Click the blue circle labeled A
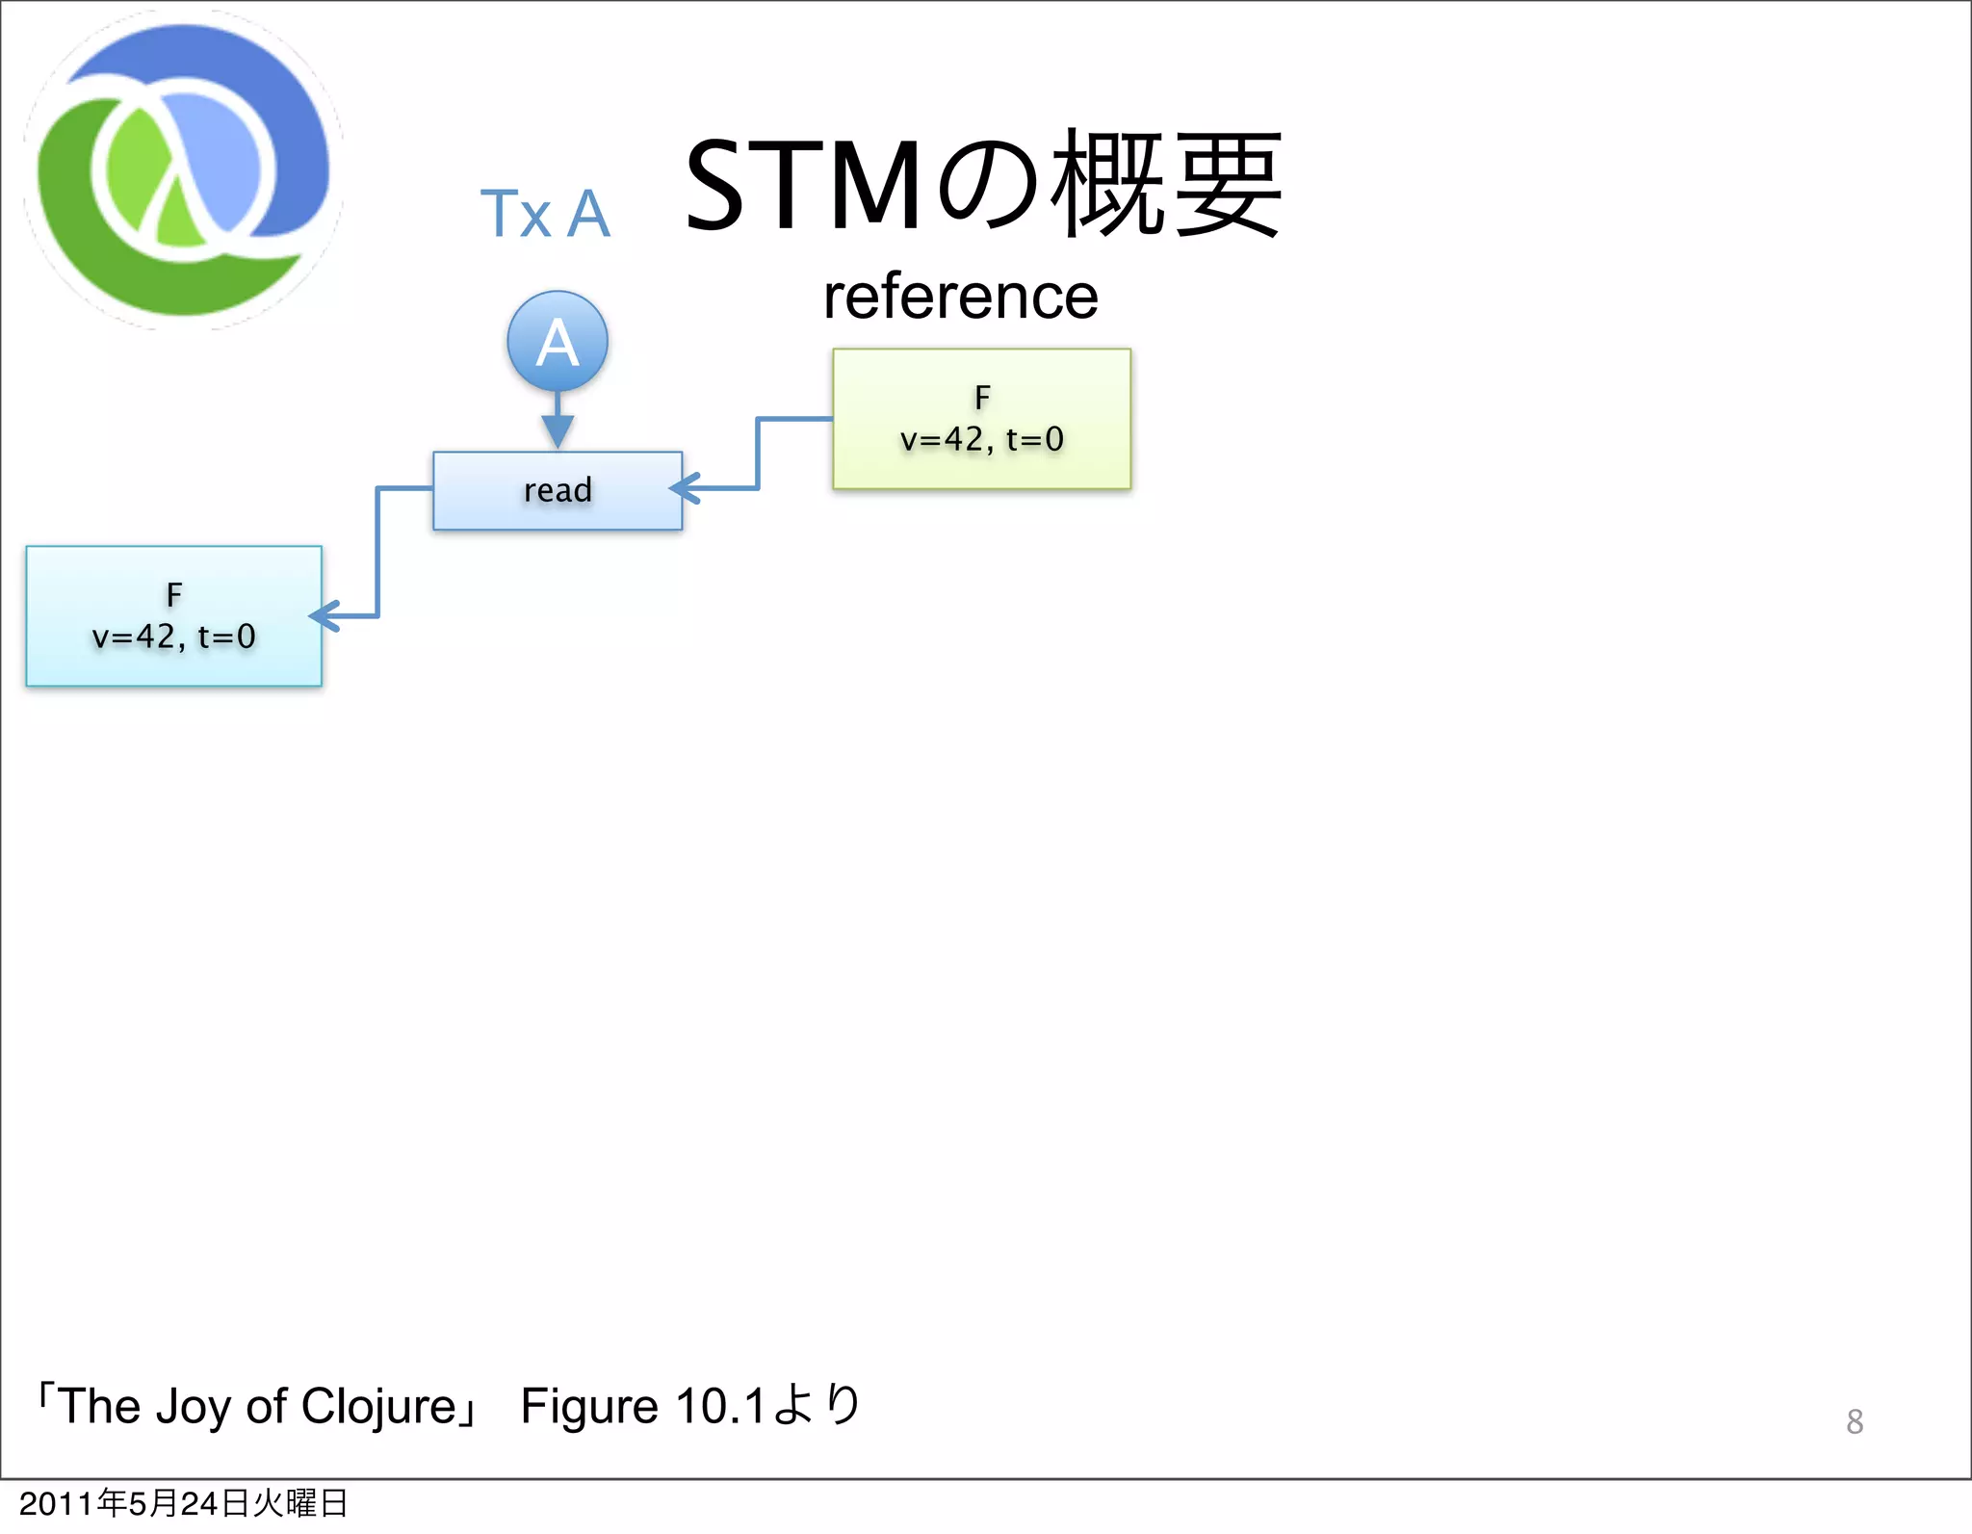coord(558,342)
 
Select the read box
coord(558,491)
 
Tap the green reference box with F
coord(981,419)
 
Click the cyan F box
coord(174,616)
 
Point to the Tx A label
coord(545,213)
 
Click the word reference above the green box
coord(961,297)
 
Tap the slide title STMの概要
coord(982,185)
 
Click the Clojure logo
coord(183,170)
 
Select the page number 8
coord(1855,1421)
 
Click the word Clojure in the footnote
coord(378,1407)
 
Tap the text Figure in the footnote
coord(588,1407)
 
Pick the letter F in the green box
coord(982,397)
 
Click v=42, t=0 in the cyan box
coord(174,637)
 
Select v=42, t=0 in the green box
coord(982,440)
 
